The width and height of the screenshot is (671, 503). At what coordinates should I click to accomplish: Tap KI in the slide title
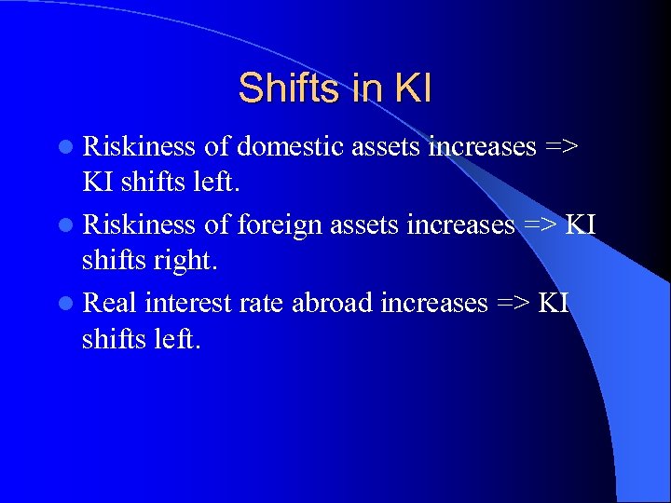tap(413, 88)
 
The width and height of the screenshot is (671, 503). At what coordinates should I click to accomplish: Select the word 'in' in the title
tap(366, 88)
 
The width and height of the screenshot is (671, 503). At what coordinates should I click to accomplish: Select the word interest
tap(188, 304)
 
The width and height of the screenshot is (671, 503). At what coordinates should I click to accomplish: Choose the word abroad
tap(332, 304)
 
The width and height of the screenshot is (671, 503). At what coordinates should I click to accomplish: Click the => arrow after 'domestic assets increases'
tap(564, 147)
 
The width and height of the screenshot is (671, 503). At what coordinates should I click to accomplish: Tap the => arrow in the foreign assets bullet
tap(541, 225)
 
